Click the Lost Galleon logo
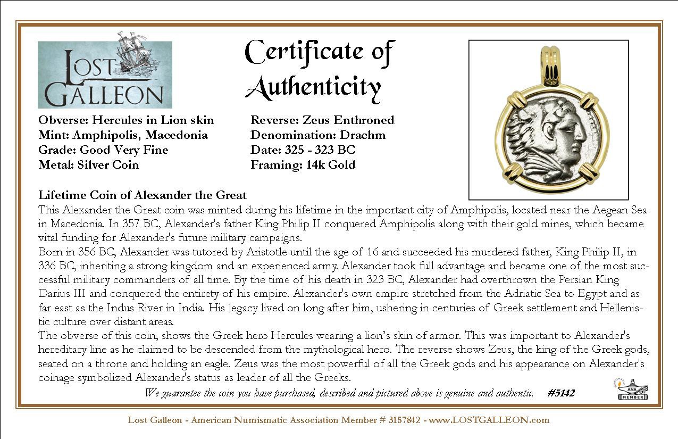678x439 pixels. coord(105,74)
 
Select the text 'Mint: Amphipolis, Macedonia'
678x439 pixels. coord(123,135)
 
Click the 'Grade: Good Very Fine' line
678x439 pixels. coord(103,150)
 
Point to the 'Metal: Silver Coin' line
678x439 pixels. coord(88,165)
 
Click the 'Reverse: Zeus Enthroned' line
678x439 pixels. coord(322,120)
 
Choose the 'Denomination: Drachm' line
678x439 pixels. coord(318,135)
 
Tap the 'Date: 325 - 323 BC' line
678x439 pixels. coord(303,150)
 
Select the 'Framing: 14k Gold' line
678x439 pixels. coord(303,165)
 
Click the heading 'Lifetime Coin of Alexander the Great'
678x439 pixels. coord(143,195)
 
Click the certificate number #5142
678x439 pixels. coord(560,393)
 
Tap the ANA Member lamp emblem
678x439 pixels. coord(632,389)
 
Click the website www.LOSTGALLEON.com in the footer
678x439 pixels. coord(489,420)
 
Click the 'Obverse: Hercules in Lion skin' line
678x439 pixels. coord(126,120)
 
